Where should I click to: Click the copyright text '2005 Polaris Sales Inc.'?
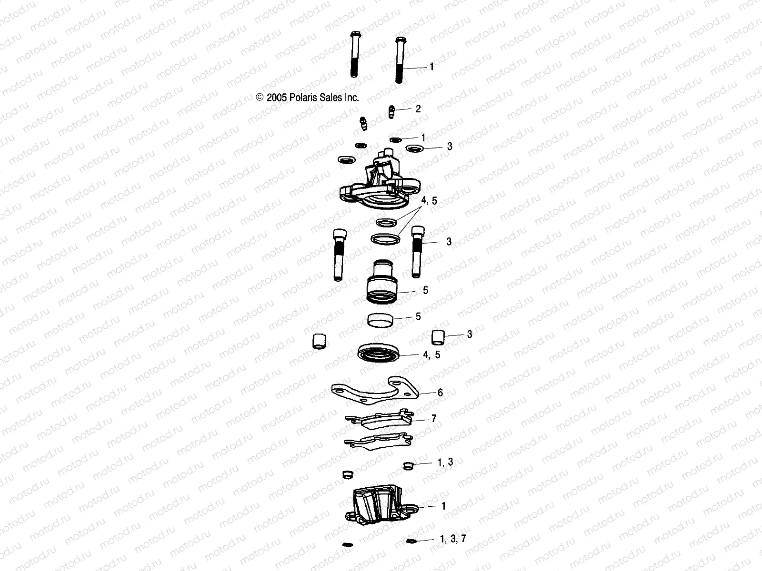(x=312, y=98)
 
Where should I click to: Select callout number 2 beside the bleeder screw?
(x=418, y=108)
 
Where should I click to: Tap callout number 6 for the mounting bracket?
(x=440, y=393)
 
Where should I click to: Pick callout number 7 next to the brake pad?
(x=433, y=419)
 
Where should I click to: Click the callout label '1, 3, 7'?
(x=453, y=539)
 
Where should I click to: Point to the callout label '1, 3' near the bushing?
(x=445, y=462)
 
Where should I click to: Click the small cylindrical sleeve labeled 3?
(x=438, y=337)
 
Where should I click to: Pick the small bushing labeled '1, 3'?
(x=408, y=465)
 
